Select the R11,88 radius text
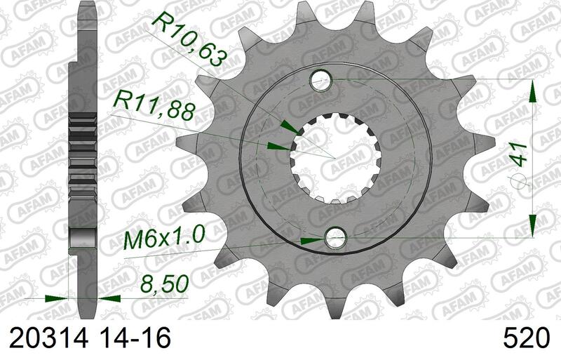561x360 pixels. click(154, 107)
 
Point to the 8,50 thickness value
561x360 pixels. click(164, 284)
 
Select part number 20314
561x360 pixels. click(48, 338)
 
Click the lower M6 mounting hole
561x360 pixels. click(335, 237)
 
